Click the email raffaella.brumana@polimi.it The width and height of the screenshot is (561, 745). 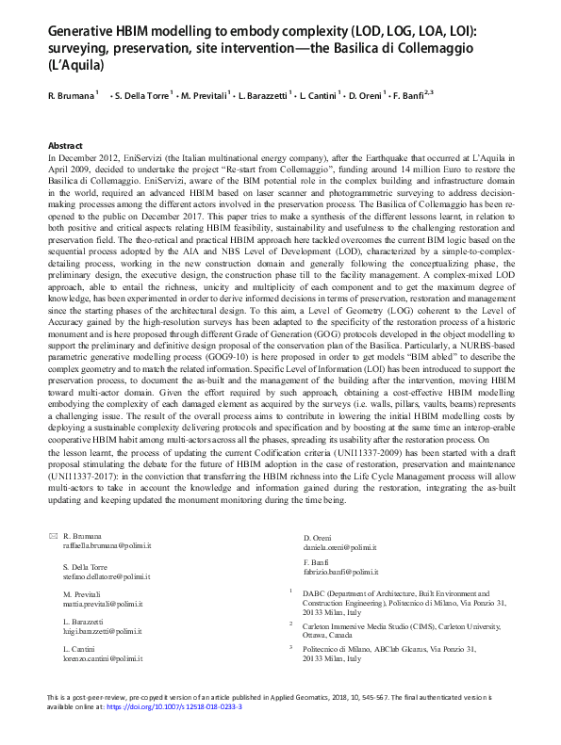click(x=107, y=545)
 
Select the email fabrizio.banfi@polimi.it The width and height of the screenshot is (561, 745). click(x=340, y=571)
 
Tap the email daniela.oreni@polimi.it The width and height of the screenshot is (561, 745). click(x=339, y=545)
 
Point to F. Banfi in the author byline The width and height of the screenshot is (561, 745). click(x=412, y=96)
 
